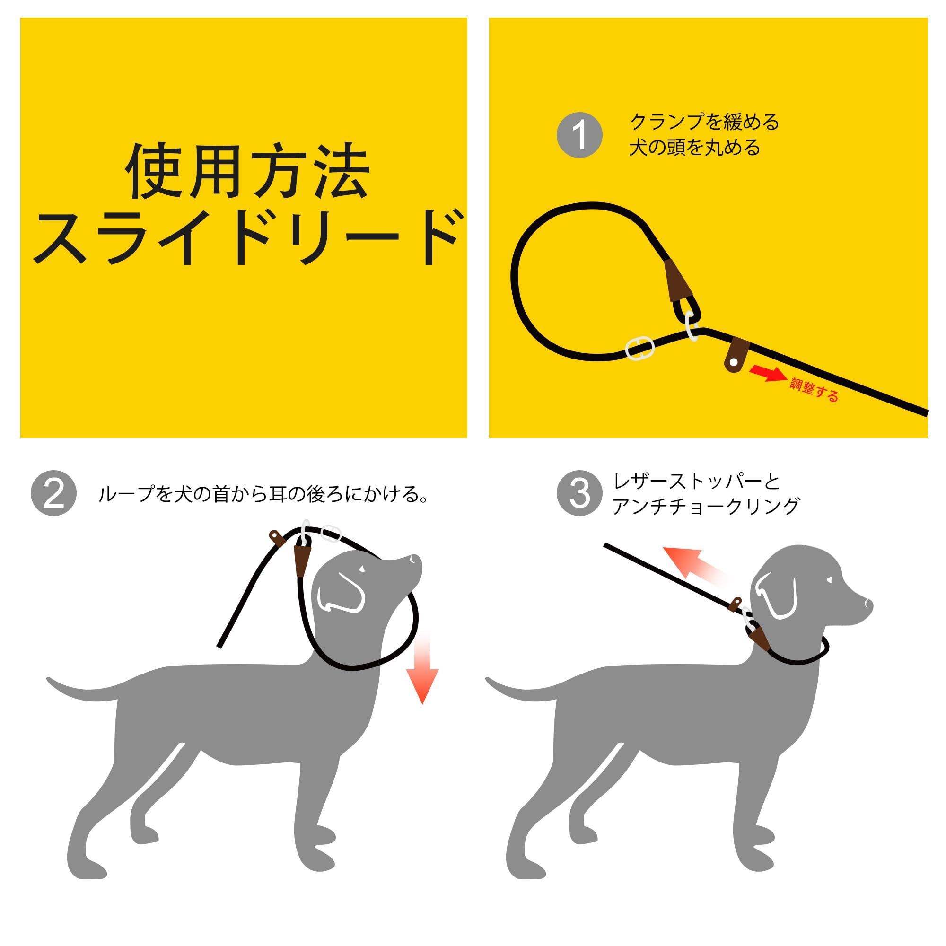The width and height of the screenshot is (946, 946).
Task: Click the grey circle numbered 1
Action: pyautogui.click(x=580, y=135)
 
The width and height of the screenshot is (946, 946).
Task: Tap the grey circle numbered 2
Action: pyautogui.click(x=53, y=493)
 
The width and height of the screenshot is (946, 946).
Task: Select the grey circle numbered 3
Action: pyautogui.click(x=580, y=493)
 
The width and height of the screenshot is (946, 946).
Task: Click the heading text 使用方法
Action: pyautogui.click(x=247, y=171)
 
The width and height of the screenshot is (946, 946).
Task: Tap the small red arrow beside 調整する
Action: pyautogui.click(x=768, y=373)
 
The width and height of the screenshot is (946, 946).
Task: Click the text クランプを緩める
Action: pyautogui.click(x=704, y=122)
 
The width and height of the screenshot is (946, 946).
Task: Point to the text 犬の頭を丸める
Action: pyautogui.click(x=695, y=148)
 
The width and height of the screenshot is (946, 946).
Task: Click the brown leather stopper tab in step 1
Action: pyautogui.click(x=736, y=354)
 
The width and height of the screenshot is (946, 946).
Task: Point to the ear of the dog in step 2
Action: pyautogui.click(x=342, y=594)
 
